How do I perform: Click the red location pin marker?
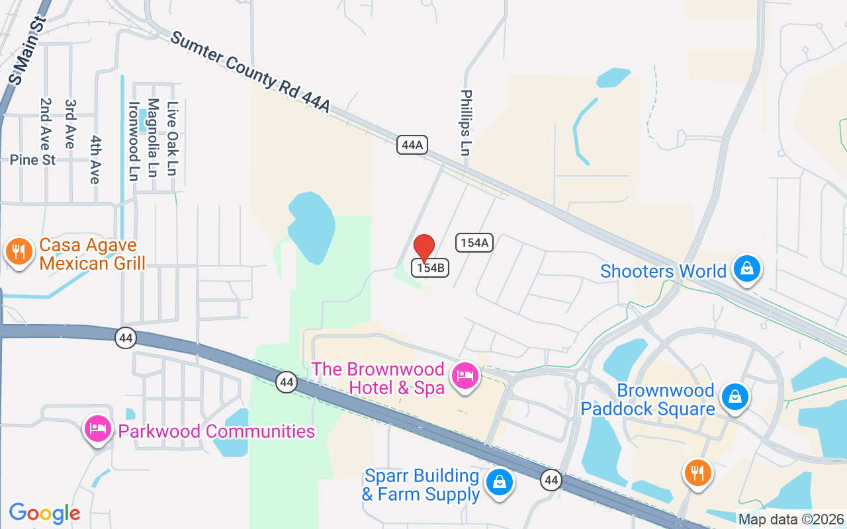click(424, 248)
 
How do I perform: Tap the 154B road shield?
click(431, 268)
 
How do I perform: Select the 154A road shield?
click(474, 243)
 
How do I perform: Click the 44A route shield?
click(411, 145)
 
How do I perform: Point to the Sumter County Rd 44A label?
click(249, 72)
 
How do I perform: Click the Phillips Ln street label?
click(466, 123)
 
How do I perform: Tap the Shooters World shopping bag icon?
click(746, 270)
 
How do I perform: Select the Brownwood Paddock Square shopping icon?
click(735, 397)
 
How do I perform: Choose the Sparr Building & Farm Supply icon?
click(500, 483)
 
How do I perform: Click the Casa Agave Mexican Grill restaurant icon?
click(19, 252)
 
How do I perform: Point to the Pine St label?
click(32, 160)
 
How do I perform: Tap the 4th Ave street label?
click(95, 160)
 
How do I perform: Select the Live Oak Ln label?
click(173, 139)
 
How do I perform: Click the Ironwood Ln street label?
click(134, 141)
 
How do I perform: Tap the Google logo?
click(44, 513)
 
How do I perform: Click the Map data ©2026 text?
click(791, 519)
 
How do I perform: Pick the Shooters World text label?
click(663, 271)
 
